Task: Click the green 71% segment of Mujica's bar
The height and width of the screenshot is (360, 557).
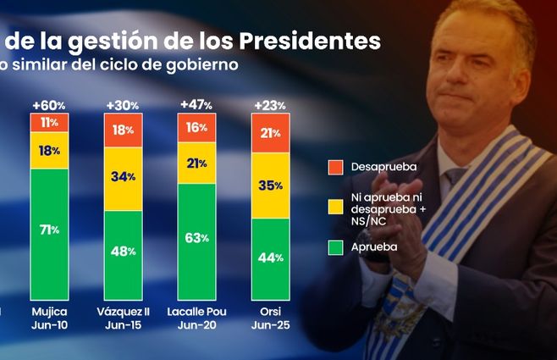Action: (x=50, y=230)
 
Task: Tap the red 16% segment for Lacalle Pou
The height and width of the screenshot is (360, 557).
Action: (x=196, y=128)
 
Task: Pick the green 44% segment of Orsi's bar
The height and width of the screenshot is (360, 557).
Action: (x=270, y=258)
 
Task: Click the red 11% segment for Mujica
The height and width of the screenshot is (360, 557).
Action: (x=50, y=122)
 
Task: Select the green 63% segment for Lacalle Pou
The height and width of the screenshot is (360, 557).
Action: (x=196, y=237)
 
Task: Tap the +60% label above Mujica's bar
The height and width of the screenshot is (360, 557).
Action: (x=50, y=104)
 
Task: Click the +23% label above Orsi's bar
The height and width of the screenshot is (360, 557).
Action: (x=269, y=104)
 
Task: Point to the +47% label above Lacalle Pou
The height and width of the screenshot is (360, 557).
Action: (x=196, y=104)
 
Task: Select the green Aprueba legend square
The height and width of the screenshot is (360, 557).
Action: (x=333, y=247)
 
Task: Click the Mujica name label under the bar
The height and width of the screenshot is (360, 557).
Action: (x=50, y=313)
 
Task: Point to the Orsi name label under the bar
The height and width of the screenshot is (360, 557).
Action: (x=270, y=313)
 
